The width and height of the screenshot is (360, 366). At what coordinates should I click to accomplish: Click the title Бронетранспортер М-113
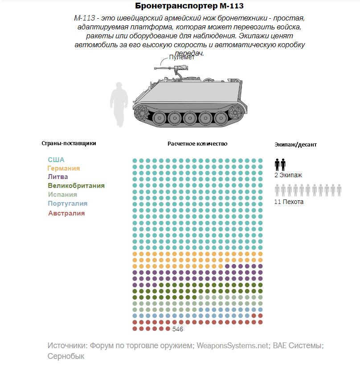(x=189, y=7)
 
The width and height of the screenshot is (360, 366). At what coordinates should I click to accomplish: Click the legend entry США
(x=56, y=160)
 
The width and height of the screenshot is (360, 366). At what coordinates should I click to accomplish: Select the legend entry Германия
(x=64, y=168)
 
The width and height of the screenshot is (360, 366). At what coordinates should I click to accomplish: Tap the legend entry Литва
(x=58, y=177)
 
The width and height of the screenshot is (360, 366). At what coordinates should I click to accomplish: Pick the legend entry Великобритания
(x=76, y=186)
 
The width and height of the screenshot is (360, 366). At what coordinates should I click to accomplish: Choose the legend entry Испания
(x=62, y=195)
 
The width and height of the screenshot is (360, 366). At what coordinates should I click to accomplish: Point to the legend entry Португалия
(x=68, y=203)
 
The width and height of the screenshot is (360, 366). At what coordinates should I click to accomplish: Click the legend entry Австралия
(x=66, y=213)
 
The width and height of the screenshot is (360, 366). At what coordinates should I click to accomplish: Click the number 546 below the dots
(x=178, y=329)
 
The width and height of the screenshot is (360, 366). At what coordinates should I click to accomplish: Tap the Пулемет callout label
(x=182, y=57)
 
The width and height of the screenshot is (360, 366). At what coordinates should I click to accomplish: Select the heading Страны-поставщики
(x=69, y=143)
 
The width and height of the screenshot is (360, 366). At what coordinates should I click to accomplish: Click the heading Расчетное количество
(x=197, y=144)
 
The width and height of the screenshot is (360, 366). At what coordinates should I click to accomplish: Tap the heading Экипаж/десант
(x=296, y=145)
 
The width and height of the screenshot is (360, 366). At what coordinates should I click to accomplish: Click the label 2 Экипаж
(x=288, y=175)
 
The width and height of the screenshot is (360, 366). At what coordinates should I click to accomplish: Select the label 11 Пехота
(x=289, y=202)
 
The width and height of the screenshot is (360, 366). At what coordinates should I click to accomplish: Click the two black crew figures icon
(x=280, y=165)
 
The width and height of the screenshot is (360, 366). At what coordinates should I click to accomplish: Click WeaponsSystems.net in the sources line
(x=233, y=346)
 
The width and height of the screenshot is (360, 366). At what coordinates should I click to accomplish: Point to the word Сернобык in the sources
(x=66, y=356)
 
